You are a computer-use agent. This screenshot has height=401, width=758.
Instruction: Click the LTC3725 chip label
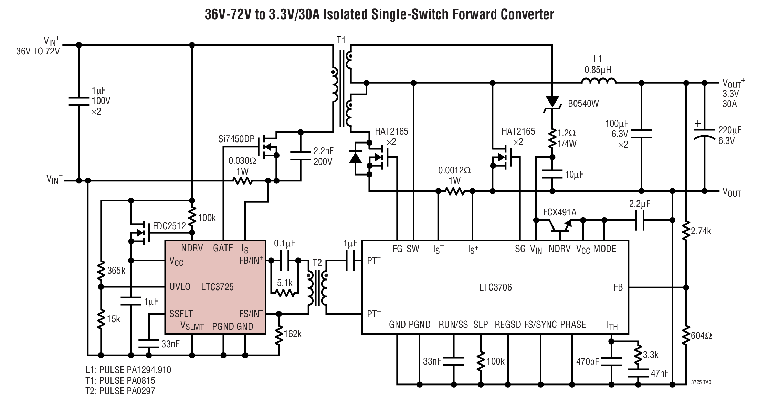(x=217, y=287)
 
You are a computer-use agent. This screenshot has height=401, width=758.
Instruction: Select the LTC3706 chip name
(x=495, y=287)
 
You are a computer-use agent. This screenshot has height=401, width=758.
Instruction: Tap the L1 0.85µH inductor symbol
(x=598, y=82)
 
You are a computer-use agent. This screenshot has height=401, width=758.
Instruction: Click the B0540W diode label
(x=583, y=103)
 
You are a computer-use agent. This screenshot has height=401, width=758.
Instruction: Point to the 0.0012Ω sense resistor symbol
(x=455, y=191)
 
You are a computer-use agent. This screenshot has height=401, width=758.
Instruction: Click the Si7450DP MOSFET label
(x=236, y=139)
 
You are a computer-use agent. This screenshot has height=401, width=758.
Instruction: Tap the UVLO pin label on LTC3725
(x=180, y=287)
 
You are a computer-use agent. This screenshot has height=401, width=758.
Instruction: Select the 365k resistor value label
(x=116, y=271)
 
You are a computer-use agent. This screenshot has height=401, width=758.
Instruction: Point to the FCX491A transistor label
(x=559, y=212)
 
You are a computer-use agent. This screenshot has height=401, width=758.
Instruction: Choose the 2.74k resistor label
(x=701, y=231)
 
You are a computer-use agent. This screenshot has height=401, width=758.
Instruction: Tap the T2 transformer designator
(x=317, y=263)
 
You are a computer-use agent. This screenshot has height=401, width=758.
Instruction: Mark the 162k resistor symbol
(x=279, y=334)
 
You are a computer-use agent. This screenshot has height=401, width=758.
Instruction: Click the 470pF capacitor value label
(x=588, y=362)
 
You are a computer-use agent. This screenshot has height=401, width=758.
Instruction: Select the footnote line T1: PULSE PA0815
(x=120, y=381)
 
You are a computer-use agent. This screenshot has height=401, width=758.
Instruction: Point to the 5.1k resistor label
(x=285, y=283)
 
